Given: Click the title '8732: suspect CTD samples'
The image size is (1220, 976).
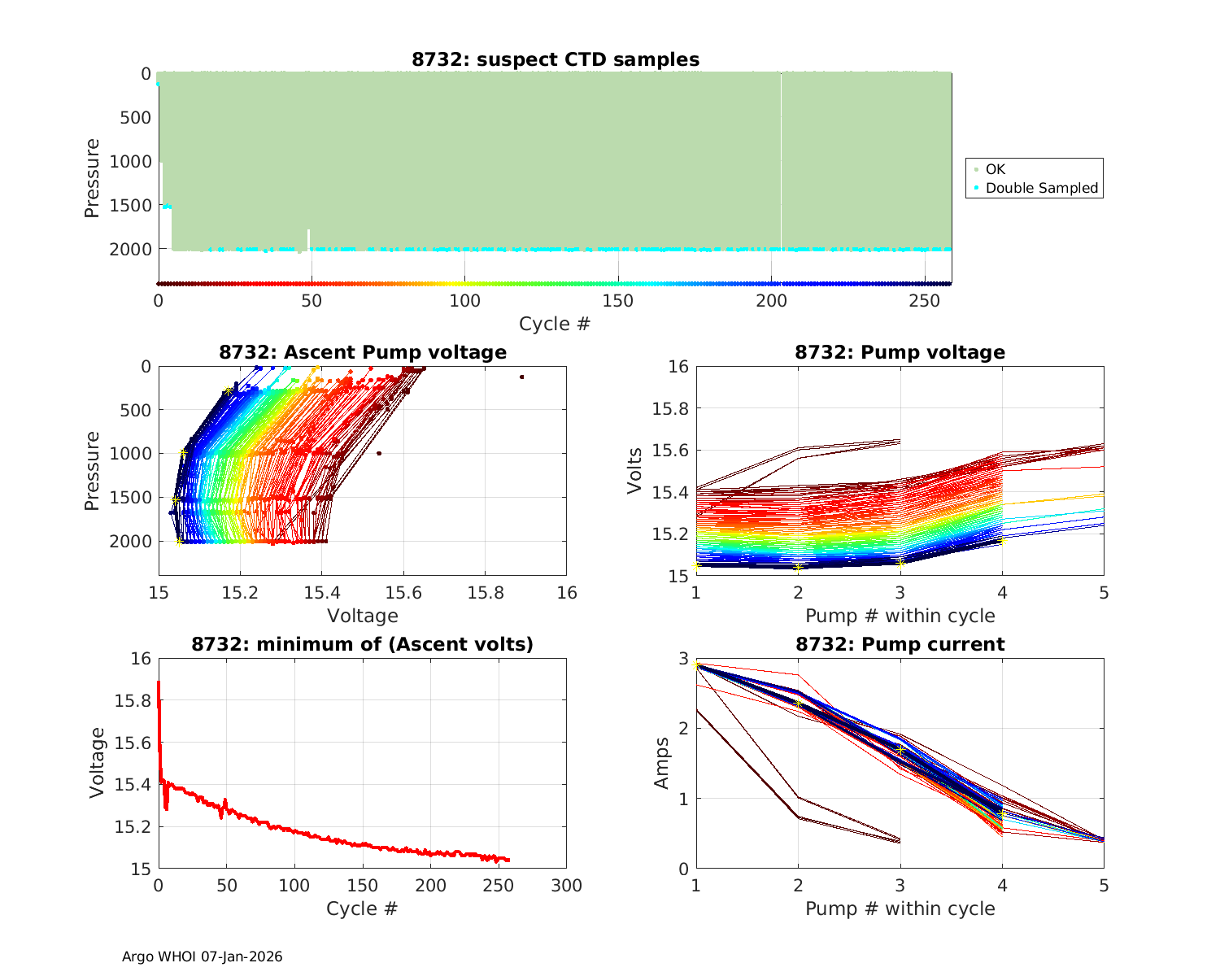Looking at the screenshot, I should point(555,59).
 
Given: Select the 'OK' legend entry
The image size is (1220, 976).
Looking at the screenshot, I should point(995,169).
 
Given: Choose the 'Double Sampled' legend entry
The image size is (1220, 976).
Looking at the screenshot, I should point(1041,188).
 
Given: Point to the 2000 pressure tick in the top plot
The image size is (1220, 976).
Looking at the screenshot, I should point(130,250).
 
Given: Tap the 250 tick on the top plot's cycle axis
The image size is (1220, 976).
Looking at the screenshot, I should point(925,301).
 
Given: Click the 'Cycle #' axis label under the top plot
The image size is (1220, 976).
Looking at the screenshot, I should point(555,324).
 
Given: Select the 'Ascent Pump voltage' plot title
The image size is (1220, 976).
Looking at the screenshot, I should point(363,352).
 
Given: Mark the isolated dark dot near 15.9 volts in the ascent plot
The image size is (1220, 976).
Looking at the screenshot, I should point(521,377).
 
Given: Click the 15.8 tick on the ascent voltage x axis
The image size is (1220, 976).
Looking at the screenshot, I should point(485,592).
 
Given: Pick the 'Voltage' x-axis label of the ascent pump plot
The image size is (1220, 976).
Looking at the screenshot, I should point(363,616).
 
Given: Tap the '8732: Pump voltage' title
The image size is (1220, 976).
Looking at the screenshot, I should point(900,352).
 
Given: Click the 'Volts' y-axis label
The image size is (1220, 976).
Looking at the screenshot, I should point(635,471).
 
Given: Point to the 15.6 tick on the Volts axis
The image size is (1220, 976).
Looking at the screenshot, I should point(671,451).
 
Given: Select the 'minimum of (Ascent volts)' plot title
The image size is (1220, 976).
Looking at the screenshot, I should point(363,644).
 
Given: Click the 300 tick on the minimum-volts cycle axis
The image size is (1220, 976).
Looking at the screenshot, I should point(566,885).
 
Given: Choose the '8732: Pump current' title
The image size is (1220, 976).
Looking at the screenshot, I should point(900,644).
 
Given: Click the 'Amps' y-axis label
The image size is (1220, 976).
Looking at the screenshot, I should point(662,763).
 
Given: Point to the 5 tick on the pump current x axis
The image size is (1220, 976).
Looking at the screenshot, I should point(1104,885).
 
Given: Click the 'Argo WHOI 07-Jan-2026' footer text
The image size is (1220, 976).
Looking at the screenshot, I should point(203,956).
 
